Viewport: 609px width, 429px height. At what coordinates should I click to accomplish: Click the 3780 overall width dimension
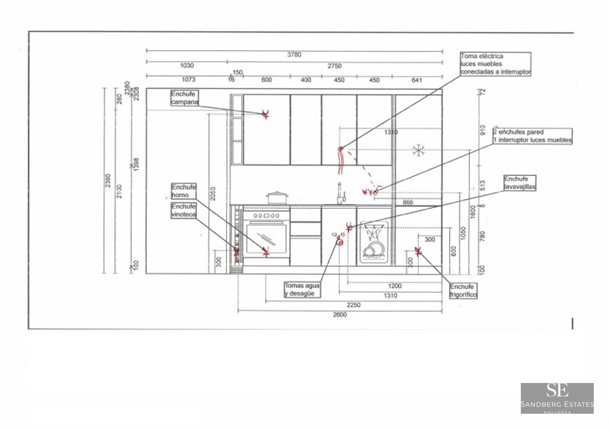294,55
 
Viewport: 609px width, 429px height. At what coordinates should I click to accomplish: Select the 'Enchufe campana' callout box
184,98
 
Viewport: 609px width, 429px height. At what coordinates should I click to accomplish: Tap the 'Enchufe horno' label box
184,191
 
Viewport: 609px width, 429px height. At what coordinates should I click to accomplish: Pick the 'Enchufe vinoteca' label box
183,210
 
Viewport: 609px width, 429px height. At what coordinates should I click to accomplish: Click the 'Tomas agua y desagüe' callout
302,289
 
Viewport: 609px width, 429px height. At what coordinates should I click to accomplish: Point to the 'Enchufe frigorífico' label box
463,291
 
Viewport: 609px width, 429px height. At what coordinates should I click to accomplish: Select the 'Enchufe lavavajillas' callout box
520,183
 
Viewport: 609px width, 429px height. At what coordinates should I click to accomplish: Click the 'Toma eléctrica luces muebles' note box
495,64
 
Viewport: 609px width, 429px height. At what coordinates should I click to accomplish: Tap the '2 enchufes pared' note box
532,136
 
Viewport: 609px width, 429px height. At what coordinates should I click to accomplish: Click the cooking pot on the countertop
277,198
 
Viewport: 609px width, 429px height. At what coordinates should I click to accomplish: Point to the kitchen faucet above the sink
340,194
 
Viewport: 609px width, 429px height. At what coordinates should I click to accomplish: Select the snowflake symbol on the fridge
418,150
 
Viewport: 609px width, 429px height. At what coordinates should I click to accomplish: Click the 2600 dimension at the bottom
339,315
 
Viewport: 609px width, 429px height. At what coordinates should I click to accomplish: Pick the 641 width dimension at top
416,80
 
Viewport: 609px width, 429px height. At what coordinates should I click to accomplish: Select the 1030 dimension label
187,66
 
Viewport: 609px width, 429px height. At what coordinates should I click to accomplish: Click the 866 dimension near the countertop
408,202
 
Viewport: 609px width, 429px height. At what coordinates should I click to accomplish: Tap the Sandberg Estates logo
557,398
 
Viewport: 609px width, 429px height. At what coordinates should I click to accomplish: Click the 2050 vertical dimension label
213,194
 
